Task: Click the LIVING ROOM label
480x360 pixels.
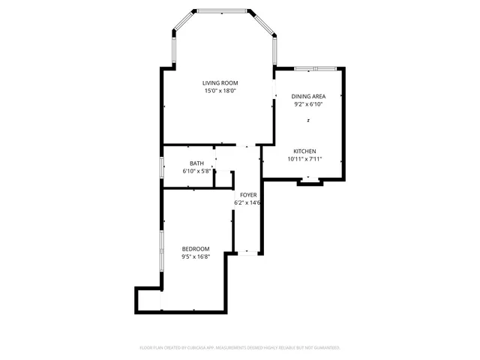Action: (220, 82)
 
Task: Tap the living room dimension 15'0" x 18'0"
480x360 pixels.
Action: (220, 91)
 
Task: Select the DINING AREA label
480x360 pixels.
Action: (308, 97)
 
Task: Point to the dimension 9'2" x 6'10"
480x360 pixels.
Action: (308, 105)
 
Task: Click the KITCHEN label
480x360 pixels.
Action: (304, 151)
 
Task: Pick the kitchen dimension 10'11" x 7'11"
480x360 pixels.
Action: (304, 159)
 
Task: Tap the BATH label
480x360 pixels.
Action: (196, 163)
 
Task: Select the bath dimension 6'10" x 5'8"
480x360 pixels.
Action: (196, 171)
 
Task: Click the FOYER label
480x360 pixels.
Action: (248, 195)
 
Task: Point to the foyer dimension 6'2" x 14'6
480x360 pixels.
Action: (248, 202)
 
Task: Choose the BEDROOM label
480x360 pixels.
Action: (196, 249)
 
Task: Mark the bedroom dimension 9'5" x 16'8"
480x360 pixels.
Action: (196, 256)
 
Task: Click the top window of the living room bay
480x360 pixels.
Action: (223, 10)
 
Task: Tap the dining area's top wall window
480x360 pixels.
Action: (306, 68)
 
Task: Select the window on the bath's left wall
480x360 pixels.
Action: (162, 167)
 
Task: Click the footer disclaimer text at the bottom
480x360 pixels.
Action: (240, 348)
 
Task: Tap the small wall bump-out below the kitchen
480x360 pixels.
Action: (308, 181)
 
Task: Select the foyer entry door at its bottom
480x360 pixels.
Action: (247, 252)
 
